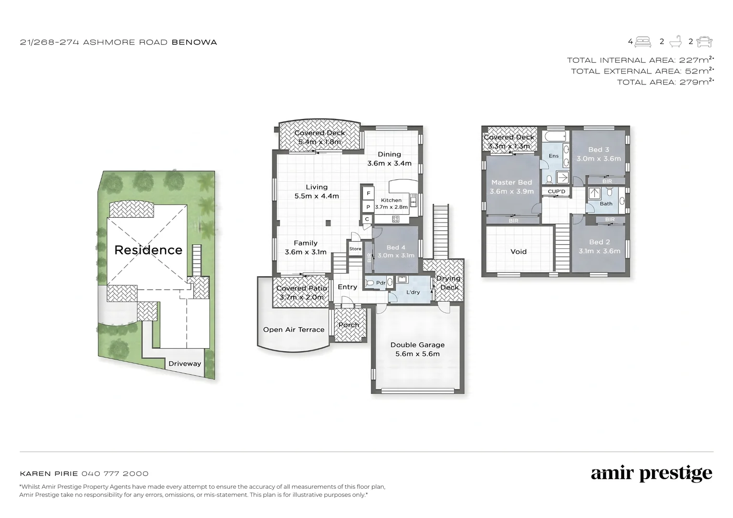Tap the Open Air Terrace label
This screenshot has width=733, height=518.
click(294, 330)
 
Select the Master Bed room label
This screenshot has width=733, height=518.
click(511, 182)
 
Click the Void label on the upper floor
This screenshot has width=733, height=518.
click(519, 251)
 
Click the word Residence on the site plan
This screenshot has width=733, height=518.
click(148, 250)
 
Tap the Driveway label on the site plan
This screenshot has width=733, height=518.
click(185, 364)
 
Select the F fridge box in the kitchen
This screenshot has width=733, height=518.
click(368, 193)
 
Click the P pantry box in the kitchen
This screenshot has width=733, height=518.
click(368, 207)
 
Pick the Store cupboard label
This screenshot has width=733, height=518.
click(355, 249)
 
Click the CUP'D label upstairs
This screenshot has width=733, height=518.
click(556, 191)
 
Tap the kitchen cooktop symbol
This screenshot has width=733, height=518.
click(396, 219)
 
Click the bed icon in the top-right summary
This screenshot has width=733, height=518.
click(643, 42)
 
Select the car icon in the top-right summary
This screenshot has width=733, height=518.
click(704, 42)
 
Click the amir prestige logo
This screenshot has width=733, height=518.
click(651, 473)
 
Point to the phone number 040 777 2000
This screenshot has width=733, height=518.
click(115, 473)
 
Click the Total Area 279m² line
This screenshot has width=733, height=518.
click(665, 82)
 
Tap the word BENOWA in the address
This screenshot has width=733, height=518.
click(194, 42)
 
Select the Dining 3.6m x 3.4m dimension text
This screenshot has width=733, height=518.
click(389, 163)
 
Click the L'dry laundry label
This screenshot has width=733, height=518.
click(413, 292)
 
